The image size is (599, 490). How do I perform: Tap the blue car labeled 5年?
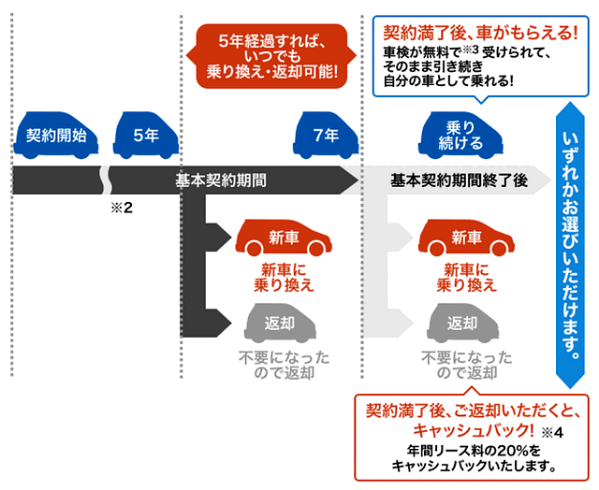(x=145, y=137)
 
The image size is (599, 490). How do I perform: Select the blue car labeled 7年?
(x=326, y=137)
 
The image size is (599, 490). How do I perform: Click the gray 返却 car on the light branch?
(x=462, y=324)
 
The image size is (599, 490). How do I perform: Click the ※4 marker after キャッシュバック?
(x=553, y=432)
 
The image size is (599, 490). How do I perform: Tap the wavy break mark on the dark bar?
(x=107, y=179)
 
